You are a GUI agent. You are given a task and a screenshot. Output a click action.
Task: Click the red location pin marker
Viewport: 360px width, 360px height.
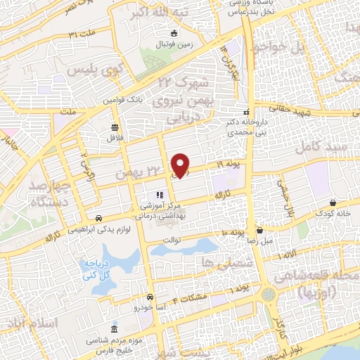[x=182, y=165]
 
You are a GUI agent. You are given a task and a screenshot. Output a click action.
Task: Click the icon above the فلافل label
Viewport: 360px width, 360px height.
[x=114, y=127]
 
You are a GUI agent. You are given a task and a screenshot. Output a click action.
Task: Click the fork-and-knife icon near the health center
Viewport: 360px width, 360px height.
[x=158, y=195]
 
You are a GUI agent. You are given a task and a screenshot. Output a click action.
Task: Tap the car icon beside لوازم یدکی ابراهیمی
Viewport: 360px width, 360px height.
[x=101, y=219]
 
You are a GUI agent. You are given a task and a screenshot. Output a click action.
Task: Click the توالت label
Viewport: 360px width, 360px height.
[x=172, y=239]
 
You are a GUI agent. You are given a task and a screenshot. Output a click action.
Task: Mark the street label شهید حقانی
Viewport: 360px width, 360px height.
[x=311, y=112]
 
